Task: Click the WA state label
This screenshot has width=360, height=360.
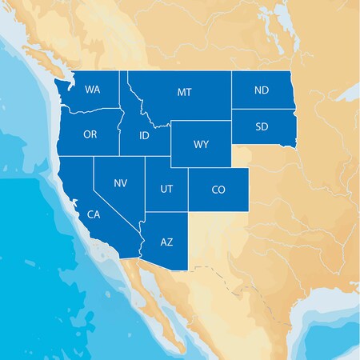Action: pyautogui.click(x=92, y=90)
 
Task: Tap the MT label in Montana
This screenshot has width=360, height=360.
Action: pyautogui.click(x=184, y=93)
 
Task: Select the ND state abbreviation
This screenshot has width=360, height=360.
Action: pyautogui.click(x=262, y=90)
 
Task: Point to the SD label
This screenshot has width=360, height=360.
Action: pyautogui.click(x=262, y=126)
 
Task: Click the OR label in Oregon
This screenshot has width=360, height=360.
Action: pyautogui.click(x=90, y=134)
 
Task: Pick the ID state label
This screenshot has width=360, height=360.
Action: pyautogui.click(x=144, y=135)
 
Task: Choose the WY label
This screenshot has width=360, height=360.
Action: pyautogui.click(x=201, y=146)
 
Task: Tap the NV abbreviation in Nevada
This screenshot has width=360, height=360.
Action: pyautogui.click(x=120, y=183)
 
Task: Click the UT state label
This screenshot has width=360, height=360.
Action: pyautogui.click(x=166, y=189)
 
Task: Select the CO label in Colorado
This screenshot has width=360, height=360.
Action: pyautogui.click(x=218, y=190)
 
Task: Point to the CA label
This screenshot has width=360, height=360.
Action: pyautogui.click(x=93, y=214)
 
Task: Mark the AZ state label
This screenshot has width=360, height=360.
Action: pyautogui.click(x=166, y=241)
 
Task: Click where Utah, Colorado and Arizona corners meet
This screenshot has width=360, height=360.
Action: pyautogui.click(x=189, y=212)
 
